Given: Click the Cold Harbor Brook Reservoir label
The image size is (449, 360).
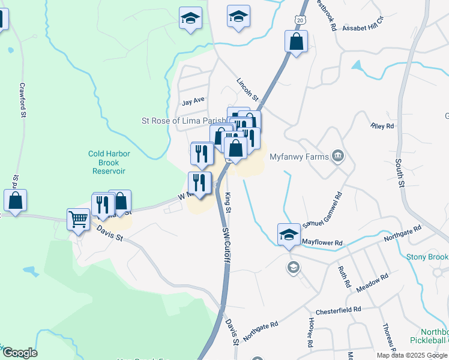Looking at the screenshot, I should [109, 162].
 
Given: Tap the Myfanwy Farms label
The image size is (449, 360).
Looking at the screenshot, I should [298, 157].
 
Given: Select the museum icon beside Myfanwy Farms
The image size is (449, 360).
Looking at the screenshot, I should [338, 156].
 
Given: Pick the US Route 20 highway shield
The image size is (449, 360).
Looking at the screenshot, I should [300, 20].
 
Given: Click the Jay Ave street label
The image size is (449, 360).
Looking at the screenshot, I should [193, 101].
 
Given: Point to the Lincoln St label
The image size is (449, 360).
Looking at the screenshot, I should [247, 89].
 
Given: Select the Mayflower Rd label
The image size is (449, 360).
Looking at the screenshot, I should [322, 242].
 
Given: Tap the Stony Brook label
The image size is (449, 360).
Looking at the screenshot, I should [427, 257].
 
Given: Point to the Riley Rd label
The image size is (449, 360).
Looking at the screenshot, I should [382, 126].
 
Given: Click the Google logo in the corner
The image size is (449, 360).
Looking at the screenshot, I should [19, 353].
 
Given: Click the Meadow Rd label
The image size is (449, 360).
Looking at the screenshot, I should [372, 283].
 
